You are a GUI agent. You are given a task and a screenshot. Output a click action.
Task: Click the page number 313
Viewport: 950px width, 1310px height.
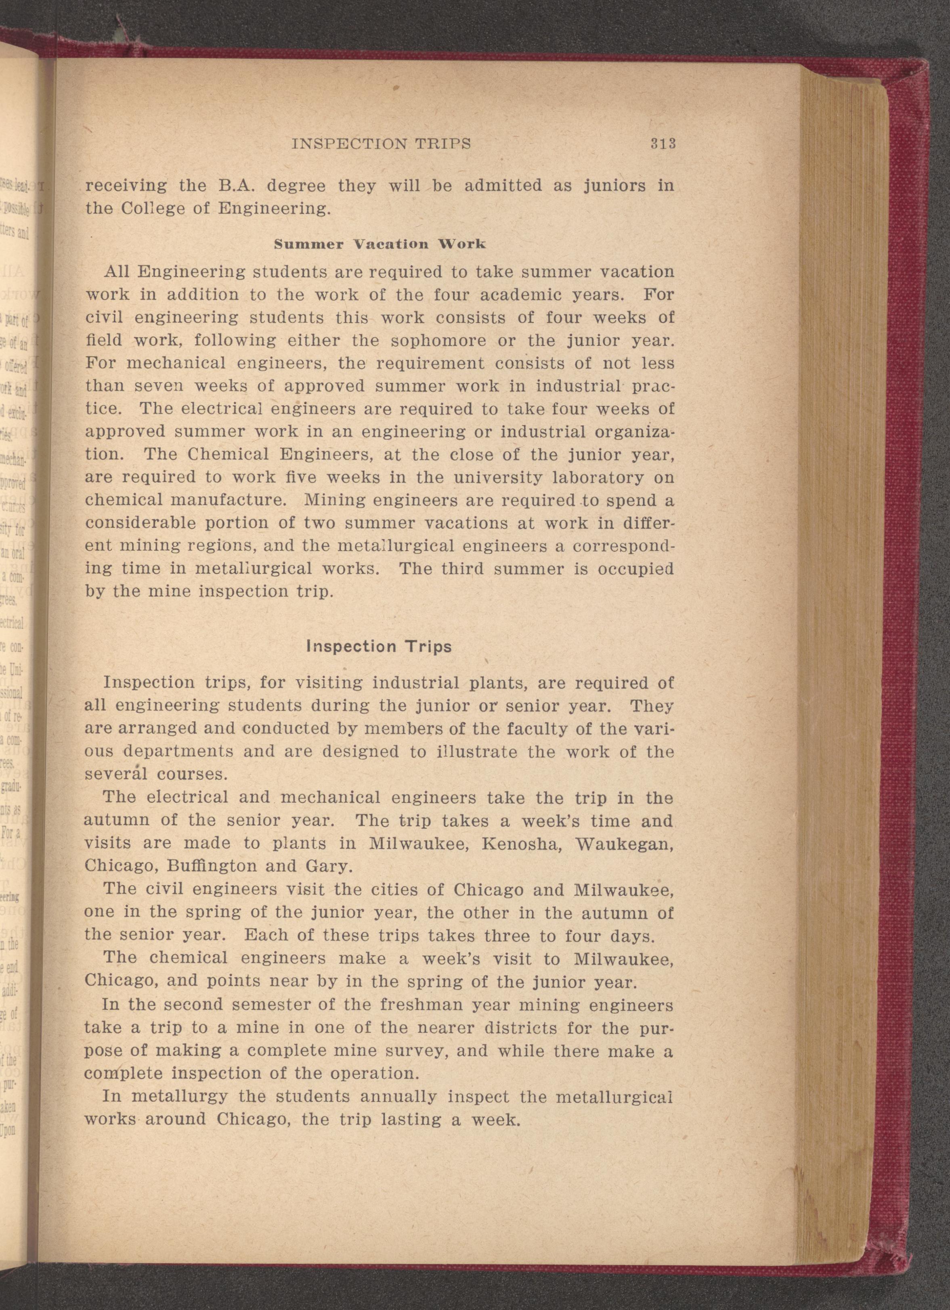[x=663, y=143]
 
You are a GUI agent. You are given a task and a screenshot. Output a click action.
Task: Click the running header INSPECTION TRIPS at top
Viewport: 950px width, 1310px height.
[x=382, y=144]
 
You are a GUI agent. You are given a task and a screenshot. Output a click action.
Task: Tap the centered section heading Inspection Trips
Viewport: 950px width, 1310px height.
[x=378, y=646]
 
